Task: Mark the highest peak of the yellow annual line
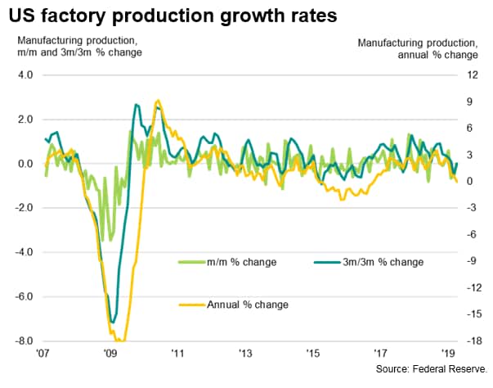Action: [158, 101]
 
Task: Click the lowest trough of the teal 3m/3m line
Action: [113, 322]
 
